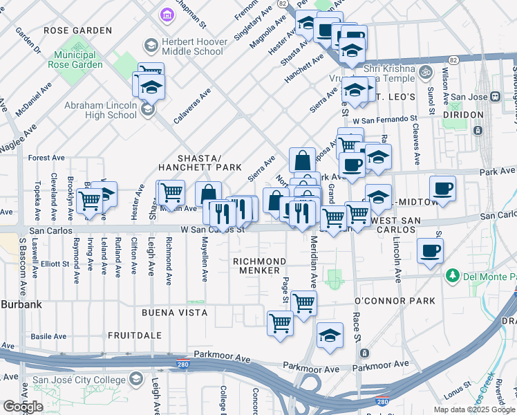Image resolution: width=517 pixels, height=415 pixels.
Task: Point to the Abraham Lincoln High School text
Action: pyautogui.click(x=101, y=111)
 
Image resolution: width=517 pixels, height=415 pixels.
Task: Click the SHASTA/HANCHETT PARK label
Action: pyautogui.click(x=200, y=162)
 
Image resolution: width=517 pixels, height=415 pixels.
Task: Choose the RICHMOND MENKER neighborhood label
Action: pyautogui.click(x=259, y=266)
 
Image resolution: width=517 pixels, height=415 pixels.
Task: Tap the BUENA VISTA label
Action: pyautogui.click(x=174, y=313)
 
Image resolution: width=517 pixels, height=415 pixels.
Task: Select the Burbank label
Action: pyautogui.click(x=21, y=304)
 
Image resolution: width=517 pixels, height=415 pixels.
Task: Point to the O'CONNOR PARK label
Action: pyautogui.click(x=395, y=301)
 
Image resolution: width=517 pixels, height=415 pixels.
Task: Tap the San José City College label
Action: pyautogui.click(x=80, y=379)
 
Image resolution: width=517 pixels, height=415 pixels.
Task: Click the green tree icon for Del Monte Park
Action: pyautogui.click(x=453, y=276)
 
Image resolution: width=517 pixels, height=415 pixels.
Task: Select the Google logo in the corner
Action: pyautogui.click(x=23, y=406)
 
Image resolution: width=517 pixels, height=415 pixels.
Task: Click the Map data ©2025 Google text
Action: pyautogui.click(x=473, y=409)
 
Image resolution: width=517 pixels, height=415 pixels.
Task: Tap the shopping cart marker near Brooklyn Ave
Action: pyautogui.click(x=89, y=201)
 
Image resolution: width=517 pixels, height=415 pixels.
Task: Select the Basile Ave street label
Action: pyautogui.click(x=48, y=336)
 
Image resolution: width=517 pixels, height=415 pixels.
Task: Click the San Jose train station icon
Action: pyautogui.click(x=495, y=96)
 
